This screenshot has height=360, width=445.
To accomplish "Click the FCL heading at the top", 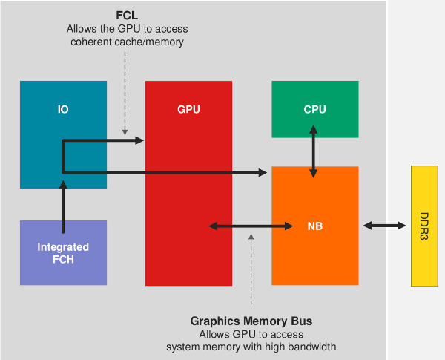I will pos(126,16).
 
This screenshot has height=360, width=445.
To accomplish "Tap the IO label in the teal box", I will pos(63,110).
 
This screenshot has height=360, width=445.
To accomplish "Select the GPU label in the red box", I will pos(188,110).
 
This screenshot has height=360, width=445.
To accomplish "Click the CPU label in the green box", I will pos(314,110).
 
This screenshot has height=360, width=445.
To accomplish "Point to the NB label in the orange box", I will pos(314,226).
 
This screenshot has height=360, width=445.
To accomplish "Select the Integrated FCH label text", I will pos(63,253).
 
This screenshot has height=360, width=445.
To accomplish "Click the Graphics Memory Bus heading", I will pos(251,321).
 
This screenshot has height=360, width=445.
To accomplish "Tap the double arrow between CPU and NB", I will pos(314,151).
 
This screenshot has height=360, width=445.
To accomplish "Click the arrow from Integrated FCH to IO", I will pos(63,204).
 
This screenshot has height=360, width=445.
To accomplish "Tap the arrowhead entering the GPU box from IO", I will pos(139,140).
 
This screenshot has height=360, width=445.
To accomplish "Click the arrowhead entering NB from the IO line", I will pos(263,173).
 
